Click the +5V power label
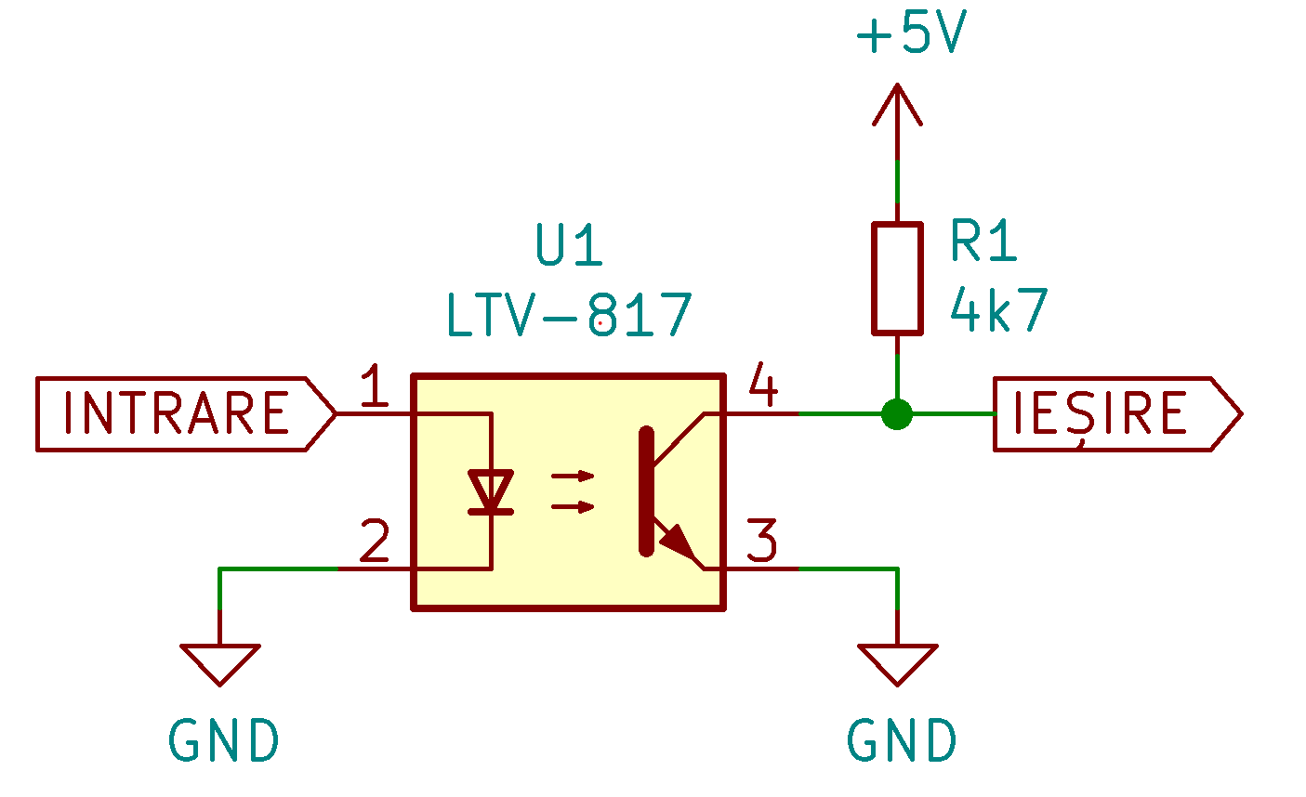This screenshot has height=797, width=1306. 911,32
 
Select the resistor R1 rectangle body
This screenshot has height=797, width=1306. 897,279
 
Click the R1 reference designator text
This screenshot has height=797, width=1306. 983,241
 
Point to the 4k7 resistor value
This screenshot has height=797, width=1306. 998,310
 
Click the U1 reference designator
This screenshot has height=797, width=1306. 569,244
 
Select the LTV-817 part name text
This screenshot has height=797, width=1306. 569,315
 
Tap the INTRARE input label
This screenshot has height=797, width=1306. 186,413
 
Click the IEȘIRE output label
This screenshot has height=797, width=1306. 1118,413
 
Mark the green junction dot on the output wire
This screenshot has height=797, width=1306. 897,413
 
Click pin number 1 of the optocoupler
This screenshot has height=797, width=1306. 374,385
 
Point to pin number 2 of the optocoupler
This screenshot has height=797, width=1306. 375,540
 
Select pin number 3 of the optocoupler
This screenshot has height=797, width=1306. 762,540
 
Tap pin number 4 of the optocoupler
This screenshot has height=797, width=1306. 763,385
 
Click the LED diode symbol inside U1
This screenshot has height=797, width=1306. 491,492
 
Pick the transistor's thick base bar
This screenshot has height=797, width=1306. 646,491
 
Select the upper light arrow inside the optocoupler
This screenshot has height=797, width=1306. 573,476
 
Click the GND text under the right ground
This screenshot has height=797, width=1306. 902,740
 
